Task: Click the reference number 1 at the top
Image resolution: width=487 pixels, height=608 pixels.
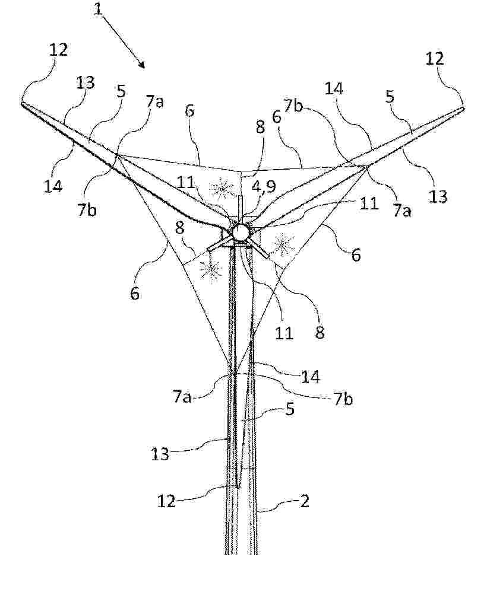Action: point(99,9)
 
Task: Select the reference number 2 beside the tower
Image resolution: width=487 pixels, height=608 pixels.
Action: point(304,501)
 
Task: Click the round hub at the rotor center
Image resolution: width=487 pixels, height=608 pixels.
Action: point(241,233)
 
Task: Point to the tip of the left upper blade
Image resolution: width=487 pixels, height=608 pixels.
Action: point(22,103)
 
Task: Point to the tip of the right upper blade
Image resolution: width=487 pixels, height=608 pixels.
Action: point(463,109)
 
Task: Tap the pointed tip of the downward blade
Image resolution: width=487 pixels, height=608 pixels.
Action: point(238,488)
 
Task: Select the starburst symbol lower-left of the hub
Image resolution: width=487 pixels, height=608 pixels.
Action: point(210,268)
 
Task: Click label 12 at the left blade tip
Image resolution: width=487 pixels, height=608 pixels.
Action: point(58,50)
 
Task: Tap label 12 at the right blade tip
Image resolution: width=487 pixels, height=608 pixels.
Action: point(435,59)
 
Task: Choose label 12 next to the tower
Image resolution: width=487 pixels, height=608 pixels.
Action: point(166,501)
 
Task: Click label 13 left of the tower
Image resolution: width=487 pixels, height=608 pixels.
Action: point(160,454)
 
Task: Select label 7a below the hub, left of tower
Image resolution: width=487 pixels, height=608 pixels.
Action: point(182,396)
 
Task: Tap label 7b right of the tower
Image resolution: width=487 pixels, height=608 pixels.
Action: point(343,398)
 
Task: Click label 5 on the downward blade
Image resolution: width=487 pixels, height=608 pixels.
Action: point(290,410)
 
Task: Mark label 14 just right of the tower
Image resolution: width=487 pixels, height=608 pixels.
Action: point(310,376)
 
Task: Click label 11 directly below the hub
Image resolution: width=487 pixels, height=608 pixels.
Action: point(283,333)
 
